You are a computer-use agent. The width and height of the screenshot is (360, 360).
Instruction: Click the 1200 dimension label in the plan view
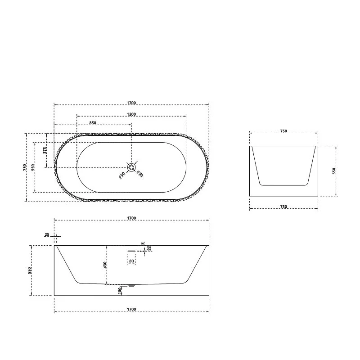131,114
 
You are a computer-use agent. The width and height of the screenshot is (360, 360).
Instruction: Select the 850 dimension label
93,123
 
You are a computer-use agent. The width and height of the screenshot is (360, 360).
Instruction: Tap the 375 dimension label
45,150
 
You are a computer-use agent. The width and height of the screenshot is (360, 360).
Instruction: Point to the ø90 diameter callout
121,175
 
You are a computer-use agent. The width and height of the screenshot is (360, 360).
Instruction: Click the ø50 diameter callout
140,174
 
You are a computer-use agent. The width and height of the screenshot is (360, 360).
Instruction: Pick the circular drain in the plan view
131,167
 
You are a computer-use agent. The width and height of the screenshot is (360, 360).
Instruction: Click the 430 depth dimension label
105,265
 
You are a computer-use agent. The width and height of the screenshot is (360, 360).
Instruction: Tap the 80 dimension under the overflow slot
131,261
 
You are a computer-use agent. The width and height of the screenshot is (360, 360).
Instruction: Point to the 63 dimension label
149,248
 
